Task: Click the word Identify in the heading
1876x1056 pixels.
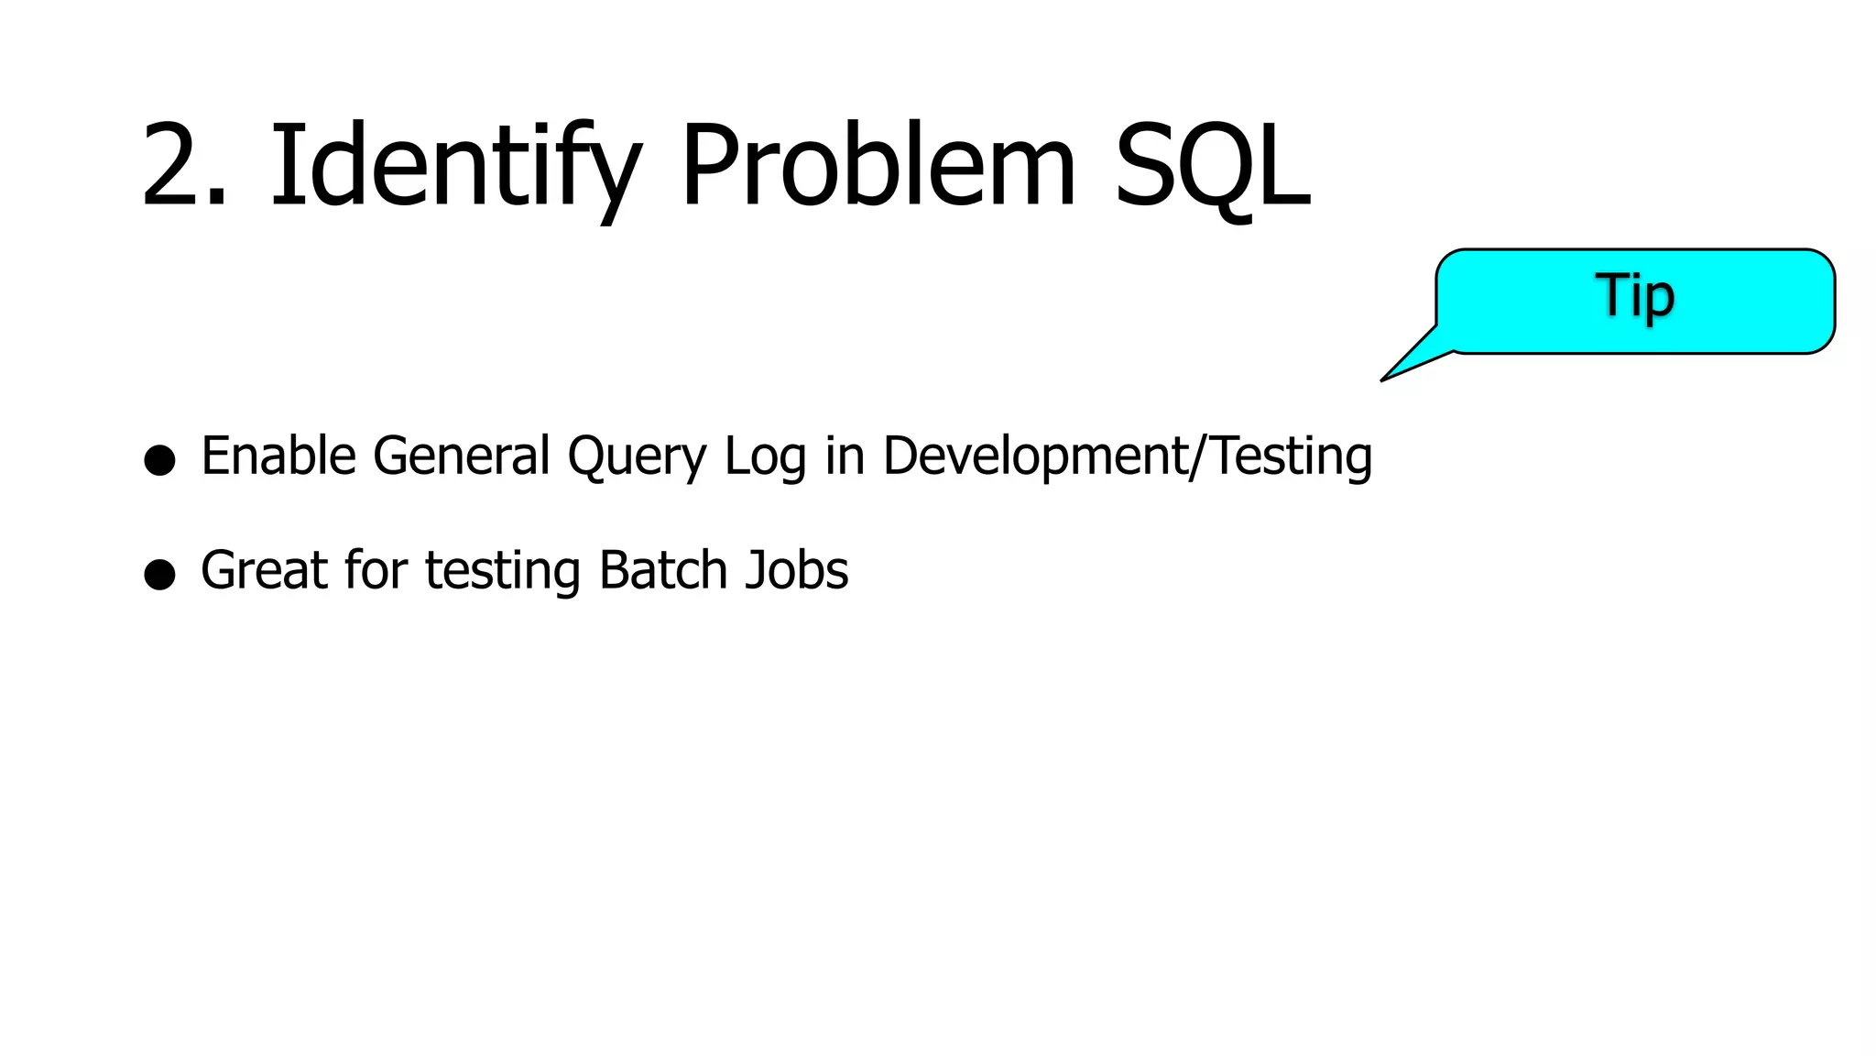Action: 454,168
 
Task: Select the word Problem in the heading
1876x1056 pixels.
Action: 878,168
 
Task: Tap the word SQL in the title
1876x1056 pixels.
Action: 1212,168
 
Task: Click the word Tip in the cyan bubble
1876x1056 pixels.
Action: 1635,296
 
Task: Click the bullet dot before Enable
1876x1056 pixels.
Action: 159,459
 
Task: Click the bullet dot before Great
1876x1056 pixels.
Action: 159,574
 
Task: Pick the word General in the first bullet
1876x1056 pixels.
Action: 462,456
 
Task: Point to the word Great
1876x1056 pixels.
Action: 264,570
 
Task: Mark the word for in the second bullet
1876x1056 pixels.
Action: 376,570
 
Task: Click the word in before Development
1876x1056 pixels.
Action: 845,456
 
